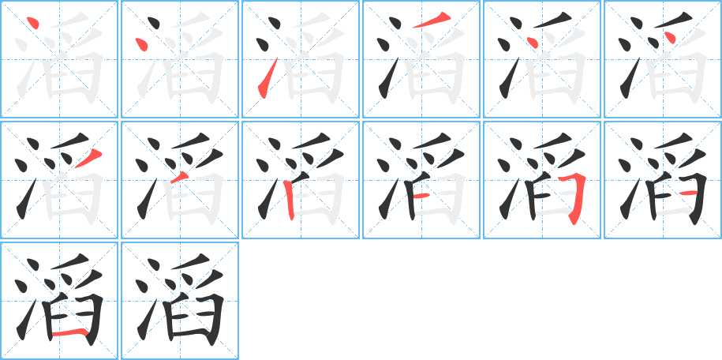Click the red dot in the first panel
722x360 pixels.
(32, 23)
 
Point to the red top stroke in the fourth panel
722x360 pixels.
(431, 21)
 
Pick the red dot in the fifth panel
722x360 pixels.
(532, 42)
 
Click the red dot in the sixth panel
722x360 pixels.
(670, 38)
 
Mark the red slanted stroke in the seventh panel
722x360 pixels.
(88, 158)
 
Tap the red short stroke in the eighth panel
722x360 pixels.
(179, 178)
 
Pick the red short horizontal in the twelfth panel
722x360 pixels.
(689, 193)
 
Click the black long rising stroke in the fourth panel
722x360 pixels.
(388, 78)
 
